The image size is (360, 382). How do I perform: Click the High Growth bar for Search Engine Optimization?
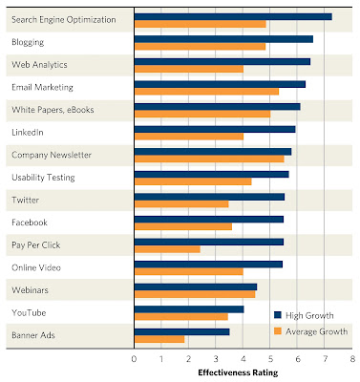click(233, 16)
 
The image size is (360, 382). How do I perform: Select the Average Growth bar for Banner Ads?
click(159, 339)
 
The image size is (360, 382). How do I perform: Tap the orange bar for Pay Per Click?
click(167, 249)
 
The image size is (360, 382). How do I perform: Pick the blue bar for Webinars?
click(196, 286)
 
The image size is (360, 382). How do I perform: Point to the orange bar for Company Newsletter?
click(209, 159)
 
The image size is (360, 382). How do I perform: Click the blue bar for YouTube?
click(189, 309)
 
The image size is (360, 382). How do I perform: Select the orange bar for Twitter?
click(181, 203)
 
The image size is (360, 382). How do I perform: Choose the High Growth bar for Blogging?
click(223, 39)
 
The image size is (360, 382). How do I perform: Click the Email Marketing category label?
click(42, 87)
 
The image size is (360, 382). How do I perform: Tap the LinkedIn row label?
click(28, 133)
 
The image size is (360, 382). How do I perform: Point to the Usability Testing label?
click(43, 178)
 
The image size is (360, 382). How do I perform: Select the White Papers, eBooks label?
click(53, 110)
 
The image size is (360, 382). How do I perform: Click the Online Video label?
click(36, 267)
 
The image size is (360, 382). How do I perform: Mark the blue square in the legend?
click(278, 315)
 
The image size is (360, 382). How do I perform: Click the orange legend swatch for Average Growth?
click(278, 331)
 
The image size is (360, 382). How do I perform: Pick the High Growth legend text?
click(309, 316)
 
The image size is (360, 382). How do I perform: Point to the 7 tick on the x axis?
click(325, 359)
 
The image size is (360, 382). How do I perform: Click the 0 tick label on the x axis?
click(134, 359)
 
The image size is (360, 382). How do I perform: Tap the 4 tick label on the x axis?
click(244, 359)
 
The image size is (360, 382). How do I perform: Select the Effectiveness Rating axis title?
click(238, 372)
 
